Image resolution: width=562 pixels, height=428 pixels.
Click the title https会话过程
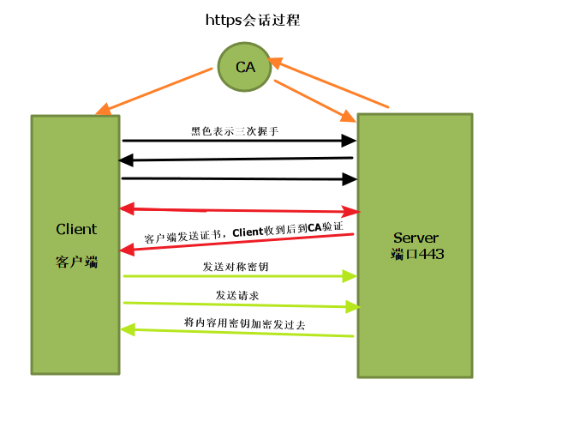coord(253,20)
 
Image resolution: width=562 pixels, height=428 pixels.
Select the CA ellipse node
coord(245,66)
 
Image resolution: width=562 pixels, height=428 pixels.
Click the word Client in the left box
coord(76,229)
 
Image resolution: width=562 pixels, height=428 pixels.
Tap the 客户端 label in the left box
coord(76,262)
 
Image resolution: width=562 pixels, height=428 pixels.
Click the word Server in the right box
coord(416,238)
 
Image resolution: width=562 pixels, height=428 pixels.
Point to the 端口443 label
coord(416,255)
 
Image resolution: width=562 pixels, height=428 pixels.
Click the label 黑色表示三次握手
coord(235,131)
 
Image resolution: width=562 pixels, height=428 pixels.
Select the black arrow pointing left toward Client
coord(236,159)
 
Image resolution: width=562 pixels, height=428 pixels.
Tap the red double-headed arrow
coord(239,208)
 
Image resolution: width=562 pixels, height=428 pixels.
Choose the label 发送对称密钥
coord(235,267)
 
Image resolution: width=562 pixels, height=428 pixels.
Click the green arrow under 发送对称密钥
coord(239,276)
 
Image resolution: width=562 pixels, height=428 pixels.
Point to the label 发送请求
coord(237,295)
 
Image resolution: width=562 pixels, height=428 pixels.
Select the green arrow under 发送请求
coord(240,304)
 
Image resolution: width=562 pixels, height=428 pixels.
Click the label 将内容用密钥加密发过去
coord(237,322)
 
